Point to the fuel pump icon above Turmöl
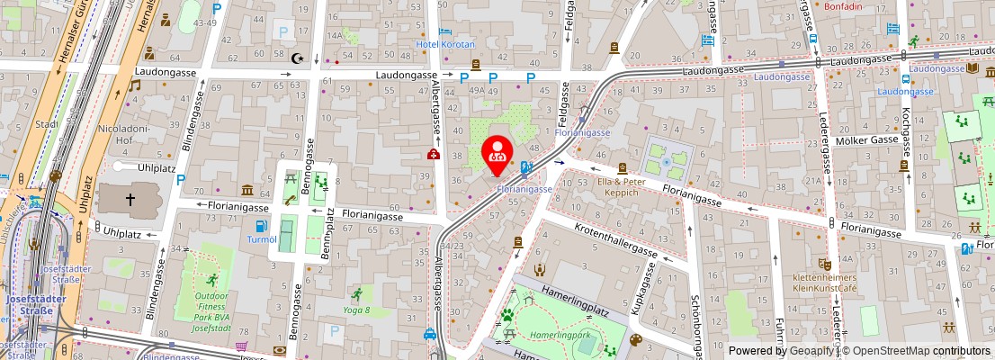261,225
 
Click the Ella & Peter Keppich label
621,186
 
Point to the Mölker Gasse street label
866,141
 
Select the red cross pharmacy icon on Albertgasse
434,155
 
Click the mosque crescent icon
297,58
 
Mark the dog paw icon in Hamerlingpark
507,316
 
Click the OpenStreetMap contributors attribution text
917,351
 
